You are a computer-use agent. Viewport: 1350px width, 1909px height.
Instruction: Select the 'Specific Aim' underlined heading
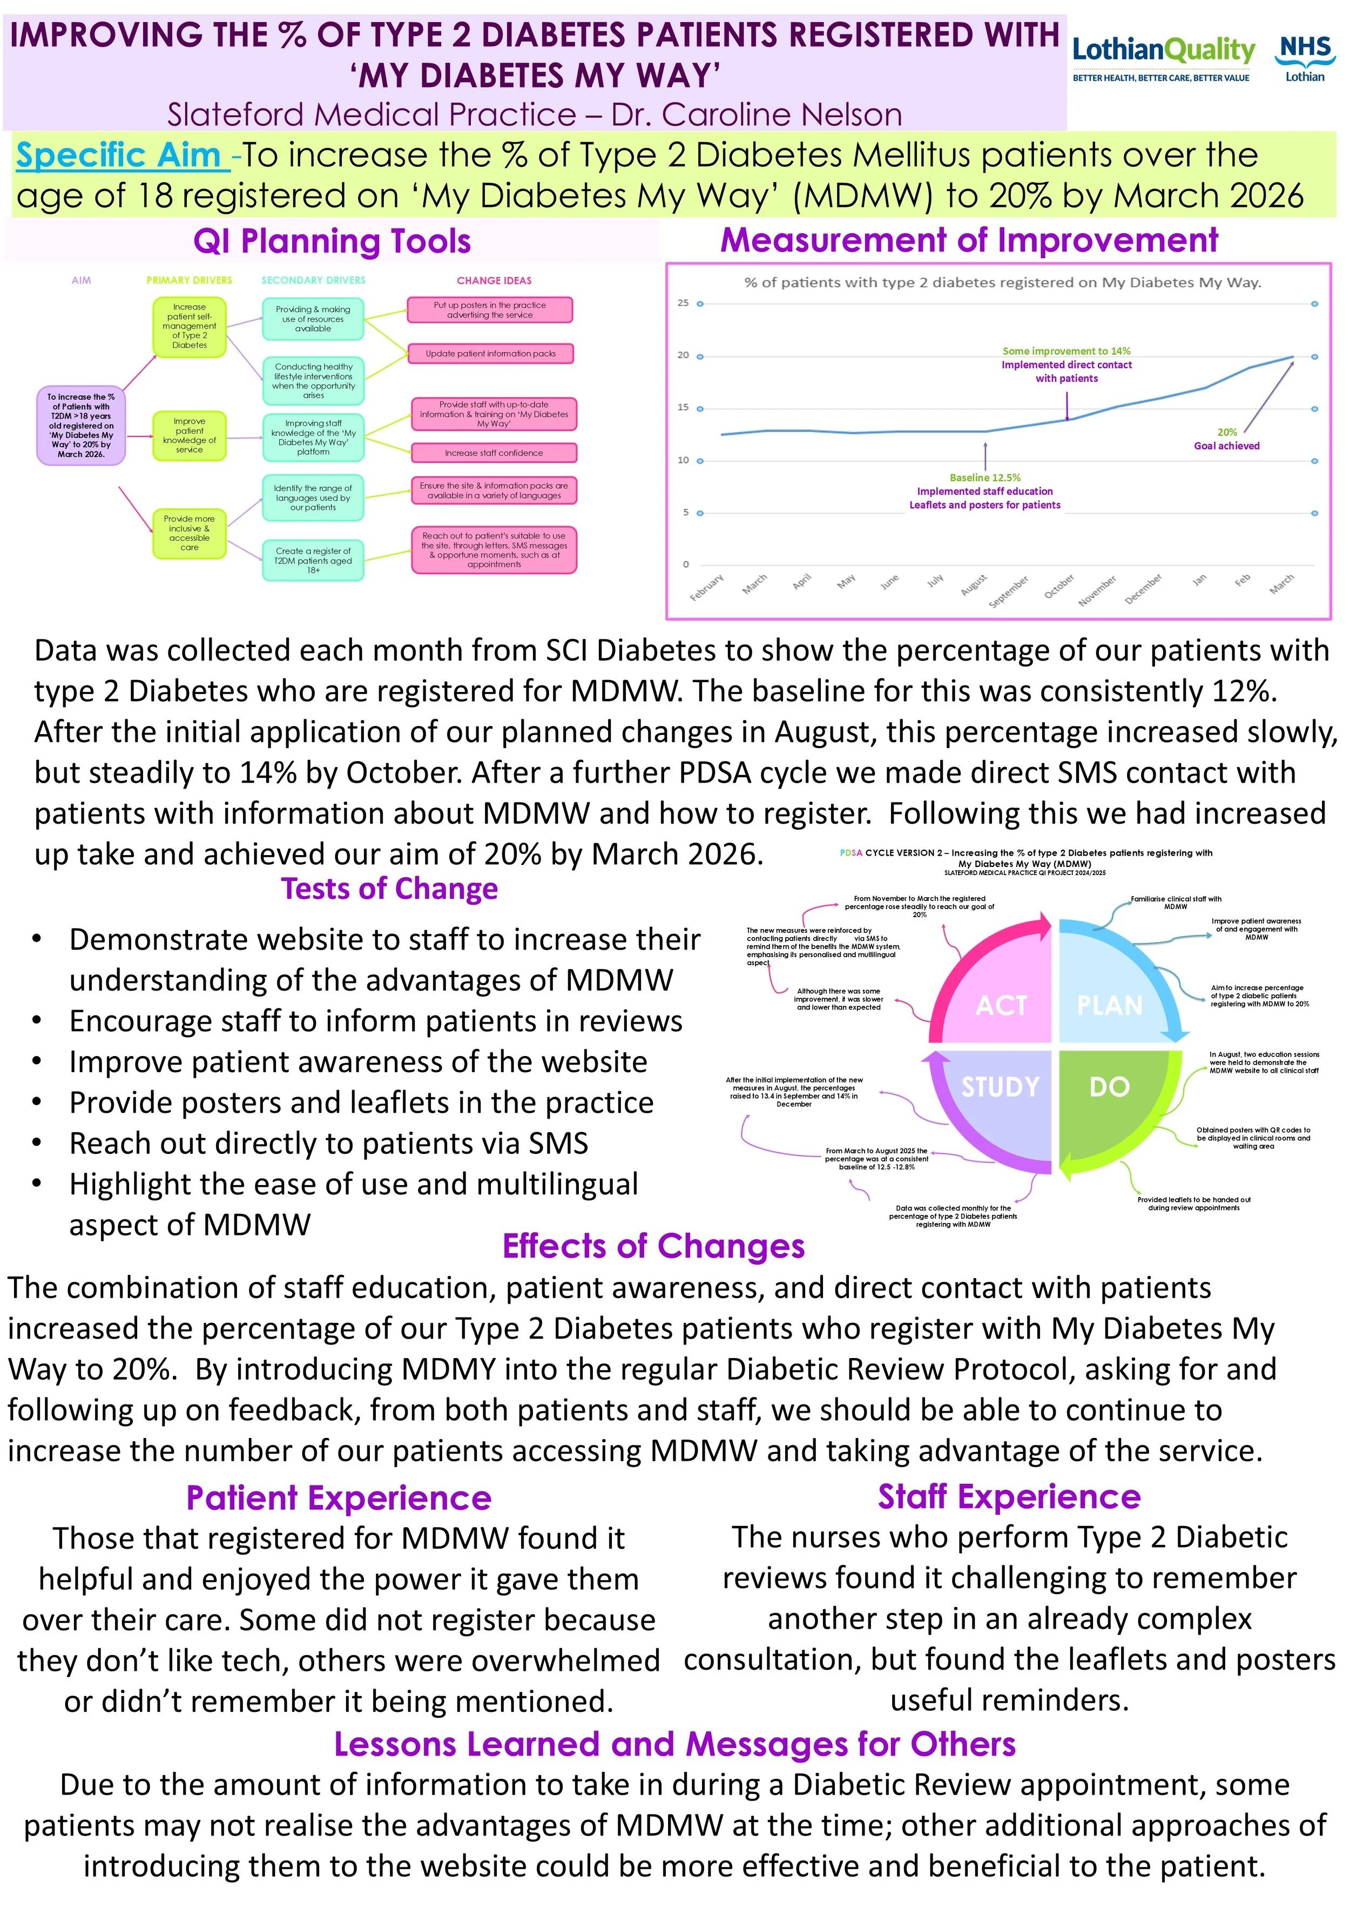pos(122,156)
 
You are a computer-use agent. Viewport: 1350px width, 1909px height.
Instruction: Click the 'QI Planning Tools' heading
pos(332,242)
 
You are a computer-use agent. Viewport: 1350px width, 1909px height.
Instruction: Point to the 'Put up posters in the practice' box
pos(490,310)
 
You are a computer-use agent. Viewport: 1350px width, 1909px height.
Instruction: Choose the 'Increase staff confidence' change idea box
pos(493,453)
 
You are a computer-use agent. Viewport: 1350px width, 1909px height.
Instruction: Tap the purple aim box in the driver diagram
pos(80,426)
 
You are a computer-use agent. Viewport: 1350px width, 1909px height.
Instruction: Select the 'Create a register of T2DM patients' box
pos(313,560)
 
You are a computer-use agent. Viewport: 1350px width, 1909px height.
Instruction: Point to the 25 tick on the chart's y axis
pos(683,303)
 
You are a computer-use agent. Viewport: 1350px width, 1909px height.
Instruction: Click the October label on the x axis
pos(1059,586)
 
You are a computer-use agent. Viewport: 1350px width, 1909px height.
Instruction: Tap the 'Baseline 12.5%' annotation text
pos(985,478)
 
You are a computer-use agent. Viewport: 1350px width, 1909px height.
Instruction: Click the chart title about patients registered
pos(1003,283)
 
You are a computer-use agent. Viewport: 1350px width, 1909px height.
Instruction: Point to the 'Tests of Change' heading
pos(389,889)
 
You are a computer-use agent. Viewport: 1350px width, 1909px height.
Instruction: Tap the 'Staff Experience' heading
pos(1009,1497)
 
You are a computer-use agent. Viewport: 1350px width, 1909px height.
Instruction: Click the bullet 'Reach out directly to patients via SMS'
pos(328,1143)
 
